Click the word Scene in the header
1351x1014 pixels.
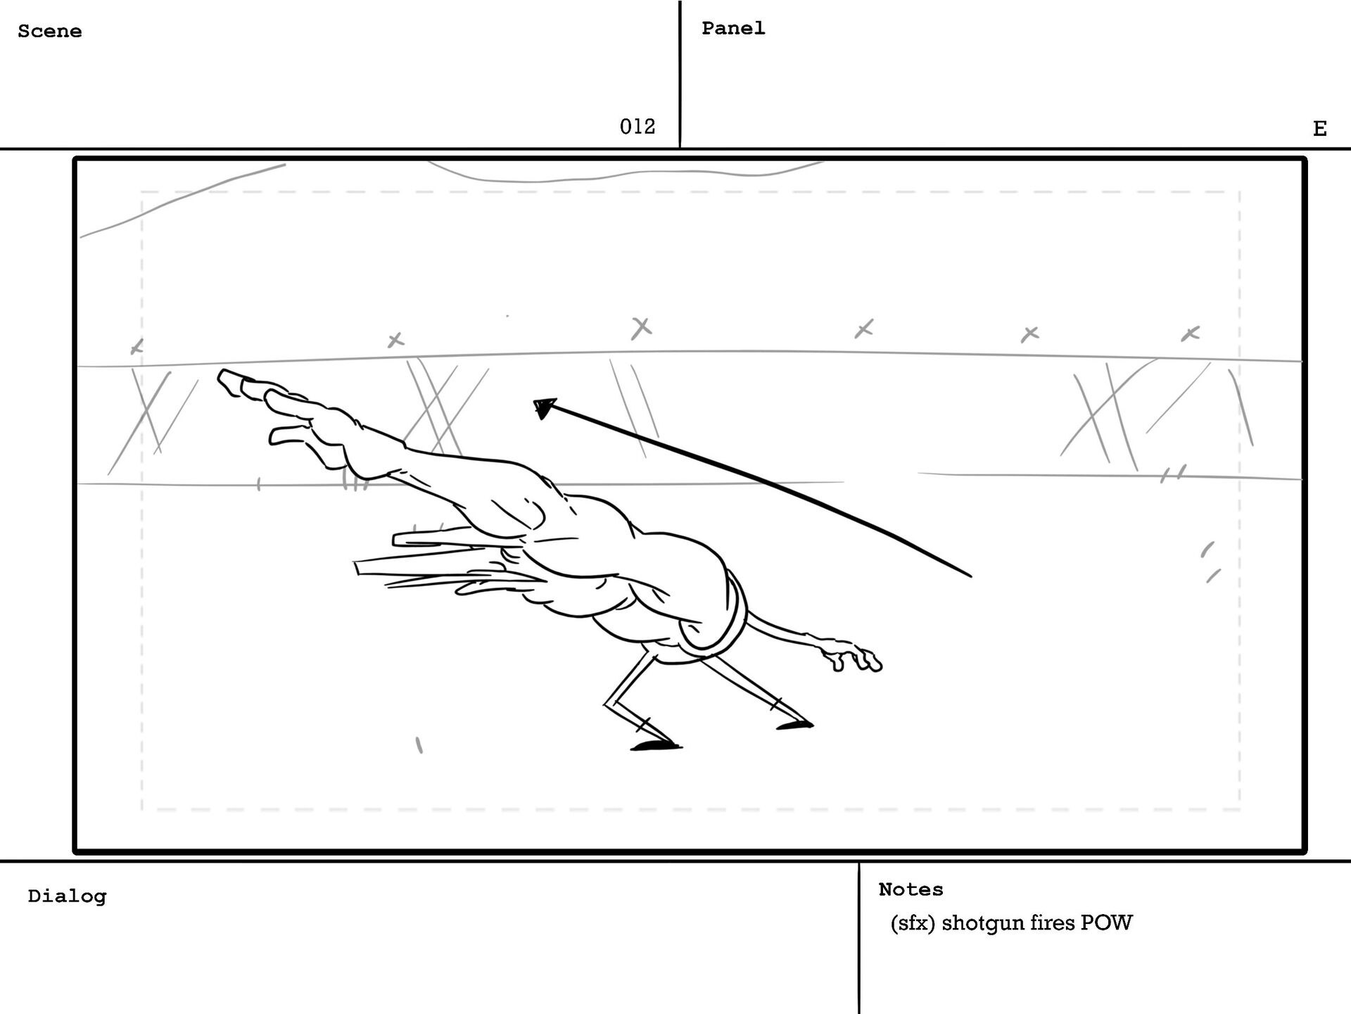coord(49,32)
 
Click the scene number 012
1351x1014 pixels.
coord(637,127)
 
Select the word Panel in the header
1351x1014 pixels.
coord(732,28)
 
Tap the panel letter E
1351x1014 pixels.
coord(1319,129)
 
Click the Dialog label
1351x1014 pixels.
coord(67,896)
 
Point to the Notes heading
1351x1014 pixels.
coord(911,889)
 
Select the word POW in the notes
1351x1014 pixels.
coord(1106,923)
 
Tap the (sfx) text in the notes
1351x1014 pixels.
coord(912,923)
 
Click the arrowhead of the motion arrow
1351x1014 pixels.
coord(544,407)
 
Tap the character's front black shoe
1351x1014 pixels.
coord(655,744)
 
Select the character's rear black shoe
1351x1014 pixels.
coord(795,724)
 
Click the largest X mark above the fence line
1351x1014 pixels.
coord(641,327)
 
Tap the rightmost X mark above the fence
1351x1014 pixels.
coord(1190,334)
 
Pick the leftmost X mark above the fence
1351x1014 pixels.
coord(137,346)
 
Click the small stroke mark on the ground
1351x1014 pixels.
coord(419,744)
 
